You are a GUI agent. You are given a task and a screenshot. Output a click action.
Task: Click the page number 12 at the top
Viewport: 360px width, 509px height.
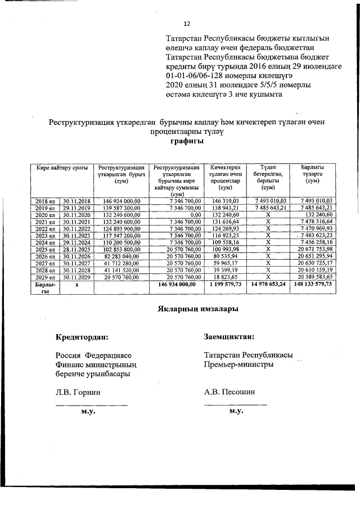[187, 24]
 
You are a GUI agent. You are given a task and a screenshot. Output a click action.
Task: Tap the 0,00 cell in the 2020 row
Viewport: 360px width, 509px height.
[195, 214]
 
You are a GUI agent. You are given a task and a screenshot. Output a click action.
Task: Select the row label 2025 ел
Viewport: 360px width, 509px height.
[45, 249]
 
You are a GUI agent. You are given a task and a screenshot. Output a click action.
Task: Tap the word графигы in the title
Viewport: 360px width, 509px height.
[187, 141]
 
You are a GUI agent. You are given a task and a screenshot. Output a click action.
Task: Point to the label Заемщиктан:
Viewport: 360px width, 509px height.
[229, 337]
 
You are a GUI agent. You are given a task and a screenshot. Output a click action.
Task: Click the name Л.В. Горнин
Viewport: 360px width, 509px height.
[78, 391]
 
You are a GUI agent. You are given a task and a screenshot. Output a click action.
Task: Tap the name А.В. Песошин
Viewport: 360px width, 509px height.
[229, 391]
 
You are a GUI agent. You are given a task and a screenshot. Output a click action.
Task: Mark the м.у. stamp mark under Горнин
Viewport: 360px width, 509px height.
[87, 412]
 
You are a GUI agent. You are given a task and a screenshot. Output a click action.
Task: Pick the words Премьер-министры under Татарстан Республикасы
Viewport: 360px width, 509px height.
[239, 364]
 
